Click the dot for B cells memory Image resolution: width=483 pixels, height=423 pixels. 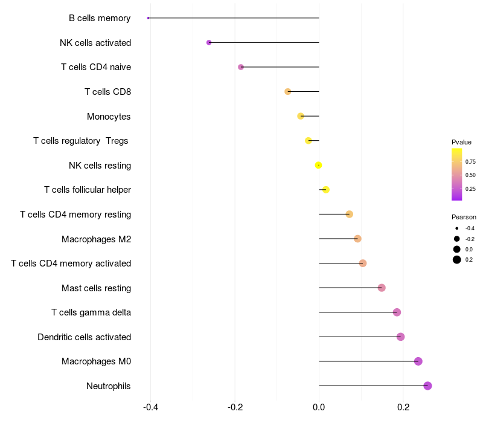(x=148, y=18)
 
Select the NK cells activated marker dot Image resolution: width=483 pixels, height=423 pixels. (x=209, y=42)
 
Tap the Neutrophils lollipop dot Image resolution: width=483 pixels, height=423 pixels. (x=427, y=386)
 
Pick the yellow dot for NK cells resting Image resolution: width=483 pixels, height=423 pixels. (x=319, y=165)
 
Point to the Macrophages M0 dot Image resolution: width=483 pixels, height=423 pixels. (x=418, y=361)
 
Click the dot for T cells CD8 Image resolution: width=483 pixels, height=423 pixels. (x=288, y=92)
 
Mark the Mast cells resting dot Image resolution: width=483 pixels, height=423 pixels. (x=382, y=288)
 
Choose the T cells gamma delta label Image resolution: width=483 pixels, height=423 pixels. (x=91, y=312)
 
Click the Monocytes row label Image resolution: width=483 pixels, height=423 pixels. (x=109, y=117)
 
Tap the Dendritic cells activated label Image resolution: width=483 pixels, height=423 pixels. (x=85, y=337)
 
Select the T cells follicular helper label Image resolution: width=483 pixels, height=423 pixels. (x=88, y=190)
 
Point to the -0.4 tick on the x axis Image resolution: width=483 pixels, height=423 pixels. (x=150, y=407)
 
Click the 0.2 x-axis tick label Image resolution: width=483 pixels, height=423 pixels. (x=403, y=407)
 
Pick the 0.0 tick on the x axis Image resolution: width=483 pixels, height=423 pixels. (x=319, y=407)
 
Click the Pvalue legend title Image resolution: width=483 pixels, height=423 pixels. (x=461, y=142)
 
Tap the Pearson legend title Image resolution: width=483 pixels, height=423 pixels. (x=464, y=217)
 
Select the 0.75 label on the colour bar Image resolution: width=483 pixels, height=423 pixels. (x=470, y=162)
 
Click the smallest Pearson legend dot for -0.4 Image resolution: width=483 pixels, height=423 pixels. (x=457, y=228)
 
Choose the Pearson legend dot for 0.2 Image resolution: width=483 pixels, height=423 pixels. (x=457, y=260)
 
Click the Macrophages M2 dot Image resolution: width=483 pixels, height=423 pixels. (x=357, y=239)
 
